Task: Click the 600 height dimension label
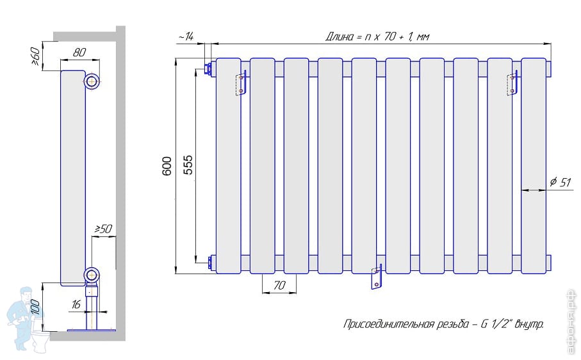[167, 166]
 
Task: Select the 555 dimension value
[188, 165]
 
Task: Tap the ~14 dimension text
[186, 37]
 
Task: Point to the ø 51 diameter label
[561, 182]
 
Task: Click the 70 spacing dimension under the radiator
[279, 285]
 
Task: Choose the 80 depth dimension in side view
[79, 53]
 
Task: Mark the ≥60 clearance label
[35, 56]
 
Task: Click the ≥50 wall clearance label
[103, 229]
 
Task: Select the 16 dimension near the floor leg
[76, 304]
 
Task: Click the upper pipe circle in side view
[91, 81]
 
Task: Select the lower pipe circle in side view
[91, 275]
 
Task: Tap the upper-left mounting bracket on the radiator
[241, 83]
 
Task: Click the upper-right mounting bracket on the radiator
[512, 83]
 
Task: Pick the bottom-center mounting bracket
[376, 277]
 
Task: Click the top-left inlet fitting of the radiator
[208, 69]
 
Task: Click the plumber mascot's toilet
[40, 341]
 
